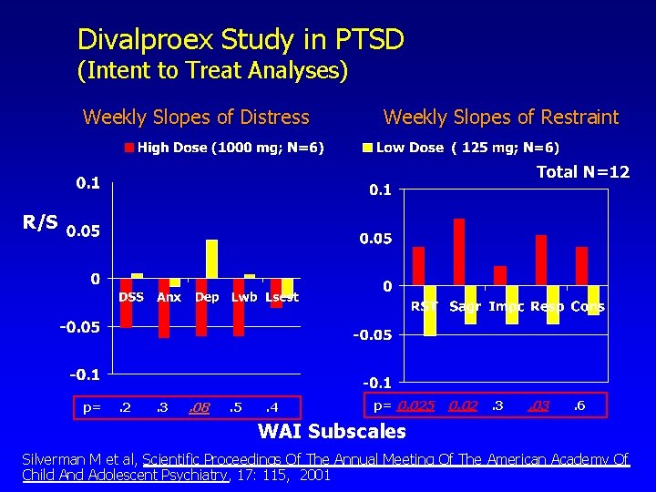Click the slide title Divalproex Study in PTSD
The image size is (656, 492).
(241, 39)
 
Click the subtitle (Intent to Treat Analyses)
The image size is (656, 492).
(212, 70)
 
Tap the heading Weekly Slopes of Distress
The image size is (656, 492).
(196, 117)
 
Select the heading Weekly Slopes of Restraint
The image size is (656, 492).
(500, 117)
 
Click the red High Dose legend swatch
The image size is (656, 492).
(130, 148)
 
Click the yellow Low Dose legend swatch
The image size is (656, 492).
(368, 148)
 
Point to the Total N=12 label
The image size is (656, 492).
(582, 171)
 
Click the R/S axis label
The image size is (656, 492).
(40, 221)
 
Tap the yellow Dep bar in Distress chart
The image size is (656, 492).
(212, 258)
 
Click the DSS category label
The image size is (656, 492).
(131, 297)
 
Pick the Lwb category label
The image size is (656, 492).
(244, 297)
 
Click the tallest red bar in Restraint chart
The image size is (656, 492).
(459, 251)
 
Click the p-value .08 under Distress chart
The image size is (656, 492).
(199, 407)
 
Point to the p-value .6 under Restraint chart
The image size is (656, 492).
(579, 405)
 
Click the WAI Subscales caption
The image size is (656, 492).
(333, 431)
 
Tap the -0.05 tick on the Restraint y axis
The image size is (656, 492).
(374, 334)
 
